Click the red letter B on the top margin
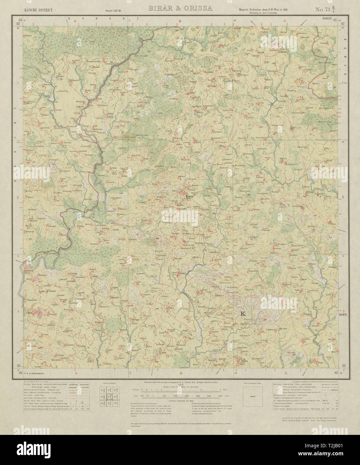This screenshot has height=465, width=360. (180, 21)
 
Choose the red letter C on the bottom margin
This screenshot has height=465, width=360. (285, 373)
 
